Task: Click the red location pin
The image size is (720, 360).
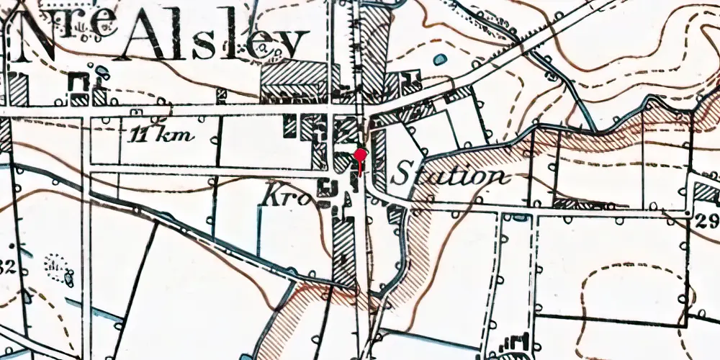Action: (x=360, y=156)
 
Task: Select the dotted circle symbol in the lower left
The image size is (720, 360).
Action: (x=55, y=266)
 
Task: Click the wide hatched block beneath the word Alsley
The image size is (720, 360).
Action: (x=292, y=75)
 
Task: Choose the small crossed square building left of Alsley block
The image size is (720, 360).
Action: (x=222, y=94)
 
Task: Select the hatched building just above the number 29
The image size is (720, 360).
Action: (x=706, y=192)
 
